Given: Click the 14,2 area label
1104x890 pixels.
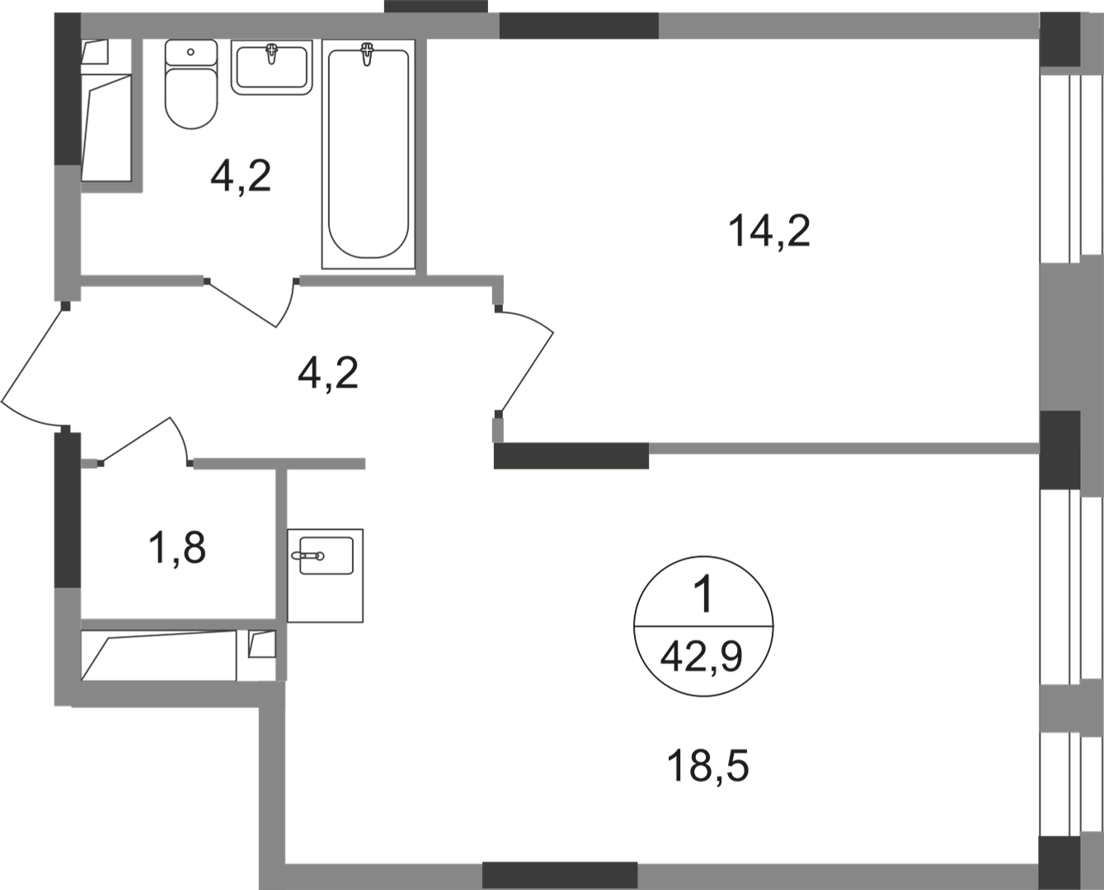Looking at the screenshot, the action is pos(769,232).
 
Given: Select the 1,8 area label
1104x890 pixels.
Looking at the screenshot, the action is pos(177,548).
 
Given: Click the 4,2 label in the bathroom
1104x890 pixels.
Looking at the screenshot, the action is pos(241,176).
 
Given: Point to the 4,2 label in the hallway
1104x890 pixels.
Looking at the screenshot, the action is pos(328,373).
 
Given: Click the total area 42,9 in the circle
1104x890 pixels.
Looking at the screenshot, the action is pos(701,658).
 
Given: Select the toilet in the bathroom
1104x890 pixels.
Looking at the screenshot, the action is pos(190,84).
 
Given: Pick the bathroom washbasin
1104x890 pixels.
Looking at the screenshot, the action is pos(271,67).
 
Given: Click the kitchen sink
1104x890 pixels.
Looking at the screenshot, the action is pos(325,576).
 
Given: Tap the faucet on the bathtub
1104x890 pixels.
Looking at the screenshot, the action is pos(368,54).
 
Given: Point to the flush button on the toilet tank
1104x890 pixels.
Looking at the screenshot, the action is pos(190,52).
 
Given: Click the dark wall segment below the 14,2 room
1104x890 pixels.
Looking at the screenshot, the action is pos(571,456).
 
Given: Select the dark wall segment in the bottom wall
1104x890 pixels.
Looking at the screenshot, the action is pos(560,875).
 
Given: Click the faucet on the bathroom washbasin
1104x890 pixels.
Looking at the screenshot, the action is pos(271,54).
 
